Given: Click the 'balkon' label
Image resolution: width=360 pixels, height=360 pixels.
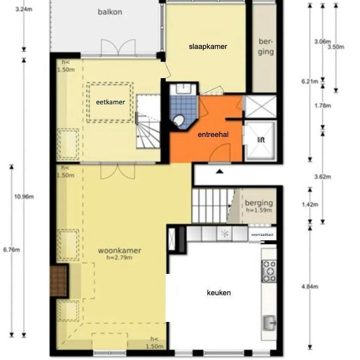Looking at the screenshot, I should (x=109, y=12).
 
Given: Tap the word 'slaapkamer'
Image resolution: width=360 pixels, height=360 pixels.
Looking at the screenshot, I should (x=208, y=46).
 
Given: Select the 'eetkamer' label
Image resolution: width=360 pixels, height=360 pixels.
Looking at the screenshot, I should (x=110, y=102).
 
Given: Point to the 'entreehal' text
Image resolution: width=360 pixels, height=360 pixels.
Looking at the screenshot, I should (x=213, y=134).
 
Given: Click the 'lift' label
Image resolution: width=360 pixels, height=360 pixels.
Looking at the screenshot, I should (x=261, y=140).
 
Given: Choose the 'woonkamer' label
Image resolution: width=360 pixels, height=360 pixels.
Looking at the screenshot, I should (x=117, y=250).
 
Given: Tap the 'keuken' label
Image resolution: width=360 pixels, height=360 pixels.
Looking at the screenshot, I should (x=219, y=292).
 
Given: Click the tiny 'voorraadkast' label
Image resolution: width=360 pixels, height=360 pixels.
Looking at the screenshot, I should (x=262, y=235).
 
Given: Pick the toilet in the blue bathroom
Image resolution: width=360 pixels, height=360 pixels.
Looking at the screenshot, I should (x=179, y=120).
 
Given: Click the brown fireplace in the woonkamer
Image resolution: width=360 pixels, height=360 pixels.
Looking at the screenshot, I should (x=59, y=280).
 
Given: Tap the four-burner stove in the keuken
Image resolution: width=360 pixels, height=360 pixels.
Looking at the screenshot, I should (x=269, y=271).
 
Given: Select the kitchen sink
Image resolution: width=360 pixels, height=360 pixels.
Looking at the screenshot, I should (x=270, y=324).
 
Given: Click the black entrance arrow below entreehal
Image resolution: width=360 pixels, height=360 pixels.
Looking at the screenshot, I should (x=220, y=171).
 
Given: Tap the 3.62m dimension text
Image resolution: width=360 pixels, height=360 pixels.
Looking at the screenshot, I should (x=322, y=177).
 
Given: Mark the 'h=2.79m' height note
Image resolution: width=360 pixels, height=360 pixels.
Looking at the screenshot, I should (x=117, y=257).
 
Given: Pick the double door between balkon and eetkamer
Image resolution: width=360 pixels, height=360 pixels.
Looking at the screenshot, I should (x=118, y=48).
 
